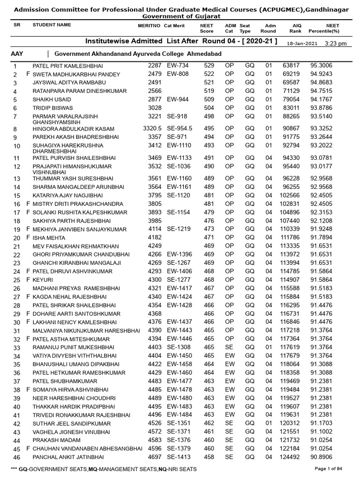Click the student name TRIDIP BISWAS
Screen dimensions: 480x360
(x=48, y=108)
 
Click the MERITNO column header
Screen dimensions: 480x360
(x=149, y=25)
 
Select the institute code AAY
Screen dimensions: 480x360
(x=17, y=54)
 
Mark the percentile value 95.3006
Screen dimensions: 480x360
(x=322, y=66)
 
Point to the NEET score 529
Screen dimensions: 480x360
(x=209, y=66)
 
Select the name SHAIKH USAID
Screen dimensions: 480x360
(x=52, y=100)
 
